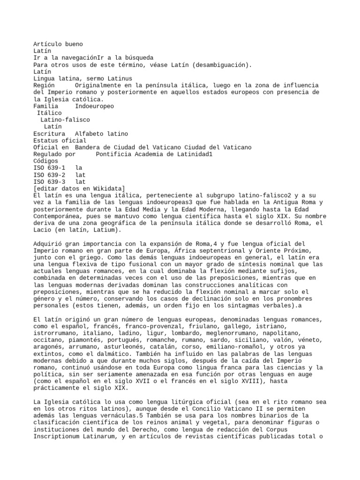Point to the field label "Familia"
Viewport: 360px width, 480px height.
(46, 106)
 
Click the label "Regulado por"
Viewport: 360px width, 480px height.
(54, 154)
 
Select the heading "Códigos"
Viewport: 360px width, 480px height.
(46, 161)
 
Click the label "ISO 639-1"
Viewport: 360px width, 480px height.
(49, 168)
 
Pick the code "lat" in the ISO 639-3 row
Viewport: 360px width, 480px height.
(81, 181)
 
